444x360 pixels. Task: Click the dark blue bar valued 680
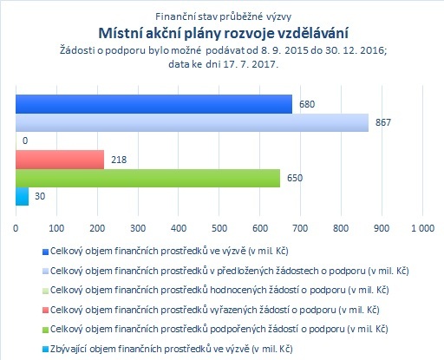coord(153,104)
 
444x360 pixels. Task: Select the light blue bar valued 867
coord(192,122)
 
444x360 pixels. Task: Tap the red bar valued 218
coord(60,160)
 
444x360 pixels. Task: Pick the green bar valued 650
coord(147,178)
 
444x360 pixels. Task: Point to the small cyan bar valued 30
coord(23,197)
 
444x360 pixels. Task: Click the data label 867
coord(383,122)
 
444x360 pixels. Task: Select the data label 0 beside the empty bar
coord(25,141)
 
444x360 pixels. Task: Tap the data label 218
coord(119,160)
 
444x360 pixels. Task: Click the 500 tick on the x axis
coord(219,228)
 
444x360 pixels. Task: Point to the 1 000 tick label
coord(422,228)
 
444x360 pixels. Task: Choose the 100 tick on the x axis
coord(56,228)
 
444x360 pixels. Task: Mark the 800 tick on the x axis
coord(341,228)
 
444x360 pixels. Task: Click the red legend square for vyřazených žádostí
coord(45,311)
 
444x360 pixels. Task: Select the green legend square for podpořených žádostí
coord(45,330)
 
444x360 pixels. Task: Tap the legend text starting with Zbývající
coord(172,349)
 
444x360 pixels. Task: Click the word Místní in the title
coord(120,33)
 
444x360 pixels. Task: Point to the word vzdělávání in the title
coord(313,33)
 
